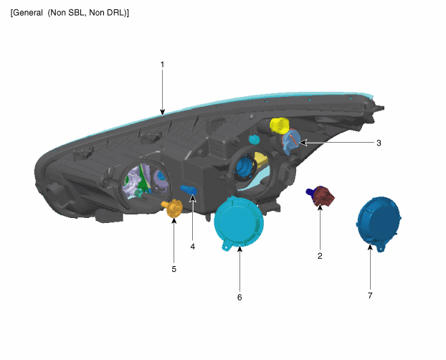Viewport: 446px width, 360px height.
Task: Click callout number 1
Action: point(163,65)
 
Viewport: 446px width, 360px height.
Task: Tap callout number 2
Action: point(320,256)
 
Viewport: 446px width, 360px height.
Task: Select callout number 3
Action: point(379,143)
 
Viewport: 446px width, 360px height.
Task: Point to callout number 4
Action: point(193,247)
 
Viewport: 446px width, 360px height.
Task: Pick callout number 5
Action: point(174,269)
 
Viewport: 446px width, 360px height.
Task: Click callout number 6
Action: point(239,297)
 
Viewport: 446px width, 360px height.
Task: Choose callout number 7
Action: point(370,295)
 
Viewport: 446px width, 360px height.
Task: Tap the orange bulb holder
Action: point(173,208)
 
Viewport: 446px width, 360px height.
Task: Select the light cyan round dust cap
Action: point(238,224)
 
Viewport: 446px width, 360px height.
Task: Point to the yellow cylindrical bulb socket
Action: point(280,125)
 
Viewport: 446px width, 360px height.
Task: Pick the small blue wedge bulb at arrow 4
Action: point(189,190)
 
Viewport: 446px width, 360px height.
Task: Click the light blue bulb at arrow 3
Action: point(290,142)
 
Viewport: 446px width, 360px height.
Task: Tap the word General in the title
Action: point(28,13)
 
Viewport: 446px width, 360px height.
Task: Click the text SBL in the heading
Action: point(76,13)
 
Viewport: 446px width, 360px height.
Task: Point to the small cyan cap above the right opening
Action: point(254,140)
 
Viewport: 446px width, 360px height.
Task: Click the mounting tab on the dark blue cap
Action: point(380,248)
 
